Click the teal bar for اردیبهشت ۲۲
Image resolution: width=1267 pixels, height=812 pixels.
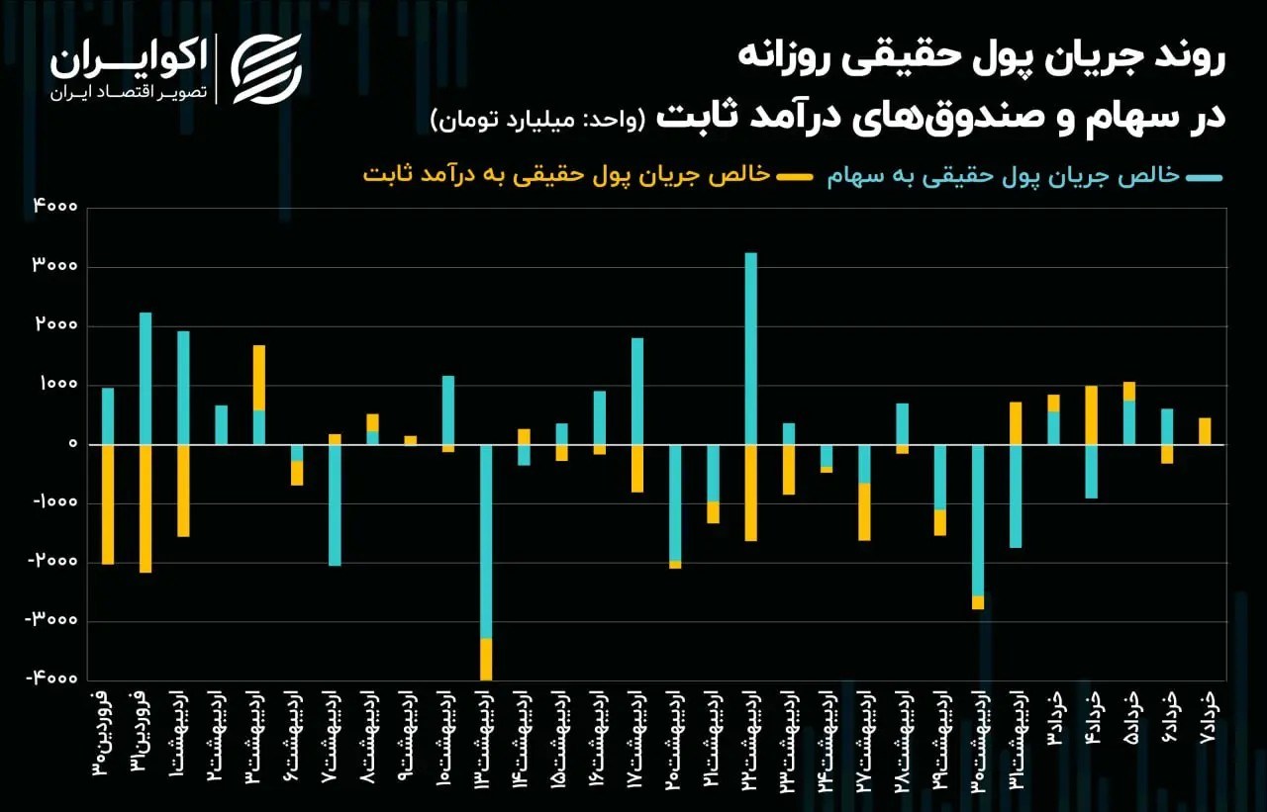[x=751, y=348]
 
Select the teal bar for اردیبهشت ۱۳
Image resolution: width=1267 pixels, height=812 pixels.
[x=486, y=542]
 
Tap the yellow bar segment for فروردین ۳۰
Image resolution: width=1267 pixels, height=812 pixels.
[x=108, y=504]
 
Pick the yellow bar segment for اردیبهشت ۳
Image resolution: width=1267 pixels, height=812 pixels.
[x=259, y=378]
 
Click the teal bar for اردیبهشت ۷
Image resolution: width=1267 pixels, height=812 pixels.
[x=335, y=505]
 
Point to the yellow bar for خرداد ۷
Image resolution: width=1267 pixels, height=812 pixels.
[x=1205, y=431]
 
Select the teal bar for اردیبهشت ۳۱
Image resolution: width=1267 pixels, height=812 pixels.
[x=1016, y=496]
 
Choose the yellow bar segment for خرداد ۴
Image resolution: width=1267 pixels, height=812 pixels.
[x=1091, y=415]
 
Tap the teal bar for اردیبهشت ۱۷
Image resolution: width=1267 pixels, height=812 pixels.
[x=637, y=392]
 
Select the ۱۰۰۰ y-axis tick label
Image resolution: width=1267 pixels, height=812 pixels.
[x=58, y=385]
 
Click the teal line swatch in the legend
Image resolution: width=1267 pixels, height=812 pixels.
[x=1206, y=177]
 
